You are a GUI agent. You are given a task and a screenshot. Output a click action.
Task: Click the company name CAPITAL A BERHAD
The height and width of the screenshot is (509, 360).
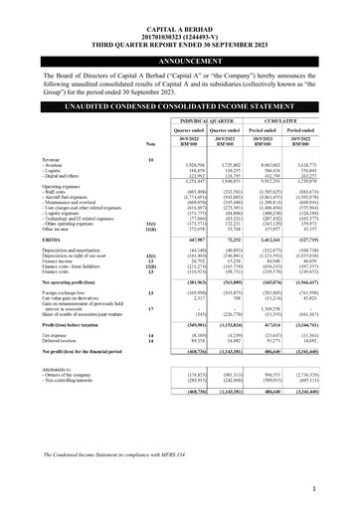[179, 9]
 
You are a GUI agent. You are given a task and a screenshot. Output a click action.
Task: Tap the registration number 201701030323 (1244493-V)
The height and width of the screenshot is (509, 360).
[179, 18]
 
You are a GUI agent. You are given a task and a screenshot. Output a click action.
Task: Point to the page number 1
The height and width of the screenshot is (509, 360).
[340, 488]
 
